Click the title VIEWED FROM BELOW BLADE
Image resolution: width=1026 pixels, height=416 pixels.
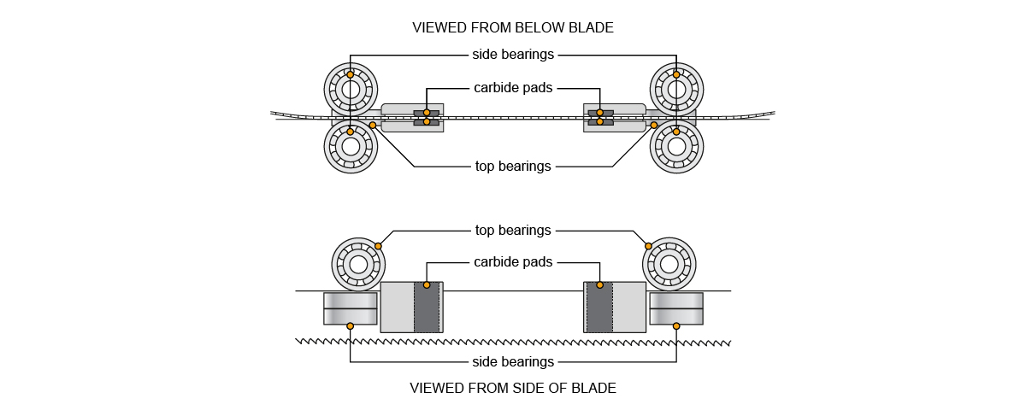pos(512,27)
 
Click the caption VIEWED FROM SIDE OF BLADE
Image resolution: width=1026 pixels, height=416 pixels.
pos(512,388)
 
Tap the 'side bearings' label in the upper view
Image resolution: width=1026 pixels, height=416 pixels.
pos(513,55)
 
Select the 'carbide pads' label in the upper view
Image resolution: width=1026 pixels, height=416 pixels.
pos(513,87)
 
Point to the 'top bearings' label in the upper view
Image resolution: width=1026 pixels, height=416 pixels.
pos(513,167)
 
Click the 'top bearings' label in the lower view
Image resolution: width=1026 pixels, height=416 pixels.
pos(513,231)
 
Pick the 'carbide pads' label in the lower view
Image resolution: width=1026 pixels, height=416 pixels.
pos(513,261)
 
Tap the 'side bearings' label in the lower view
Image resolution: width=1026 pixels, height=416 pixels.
pos(513,361)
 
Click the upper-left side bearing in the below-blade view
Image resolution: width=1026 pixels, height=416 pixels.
pos(351,88)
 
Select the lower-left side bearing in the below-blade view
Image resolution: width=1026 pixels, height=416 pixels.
pos(351,146)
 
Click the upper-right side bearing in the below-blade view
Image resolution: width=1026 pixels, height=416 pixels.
pos(676,88)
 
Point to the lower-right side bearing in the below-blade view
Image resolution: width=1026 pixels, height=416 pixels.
pos(676,146)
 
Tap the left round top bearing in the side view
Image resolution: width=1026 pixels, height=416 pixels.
pos(358,264)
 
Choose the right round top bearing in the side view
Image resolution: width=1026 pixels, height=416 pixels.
pos(669,264)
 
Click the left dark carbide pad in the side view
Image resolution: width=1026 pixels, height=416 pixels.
pos(427,308)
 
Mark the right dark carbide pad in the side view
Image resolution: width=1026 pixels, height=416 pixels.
pos(599,308)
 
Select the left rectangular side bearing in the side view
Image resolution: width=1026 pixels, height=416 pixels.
pos(350,308)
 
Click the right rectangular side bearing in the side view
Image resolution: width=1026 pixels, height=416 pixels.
pos(676,308)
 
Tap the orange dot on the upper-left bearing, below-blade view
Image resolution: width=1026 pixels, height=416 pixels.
pos(351,75)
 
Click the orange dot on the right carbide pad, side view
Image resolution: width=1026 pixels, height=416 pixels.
pos(599,284)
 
